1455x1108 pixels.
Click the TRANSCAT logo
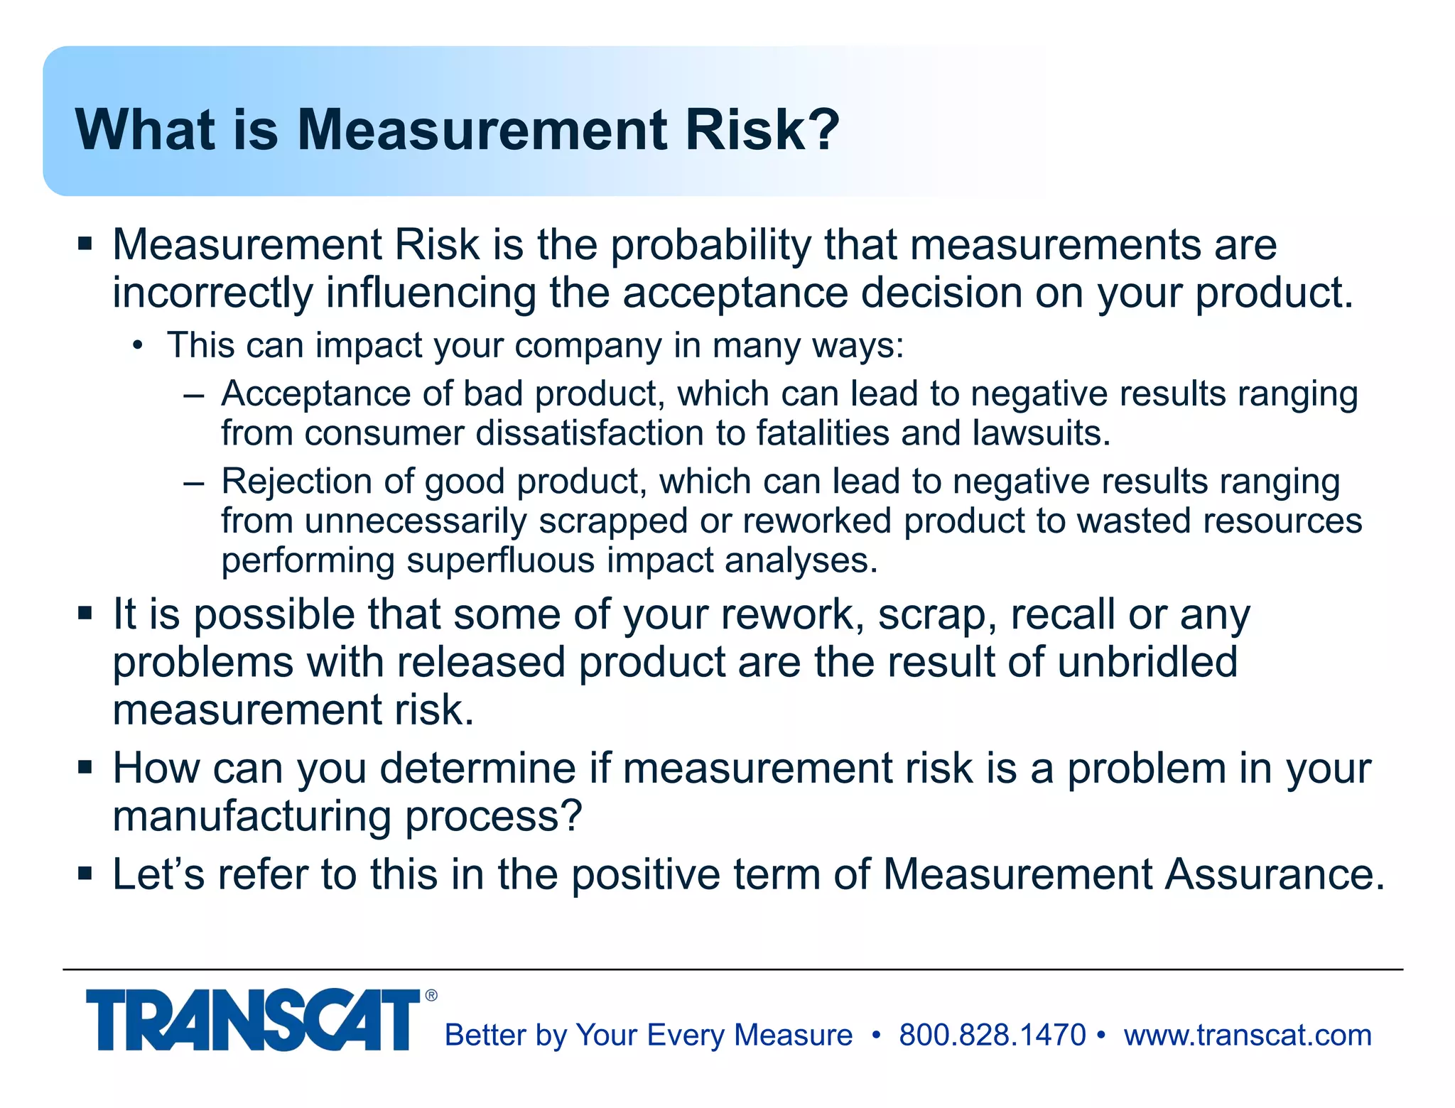253,1020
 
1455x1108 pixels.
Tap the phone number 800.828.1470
992,1036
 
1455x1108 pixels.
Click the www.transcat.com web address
1248,1036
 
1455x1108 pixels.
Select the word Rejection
298,482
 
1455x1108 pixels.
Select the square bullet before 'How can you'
85,768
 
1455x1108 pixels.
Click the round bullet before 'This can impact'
137,347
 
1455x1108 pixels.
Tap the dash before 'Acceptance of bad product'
193,395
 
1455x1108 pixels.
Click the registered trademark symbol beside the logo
431,996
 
